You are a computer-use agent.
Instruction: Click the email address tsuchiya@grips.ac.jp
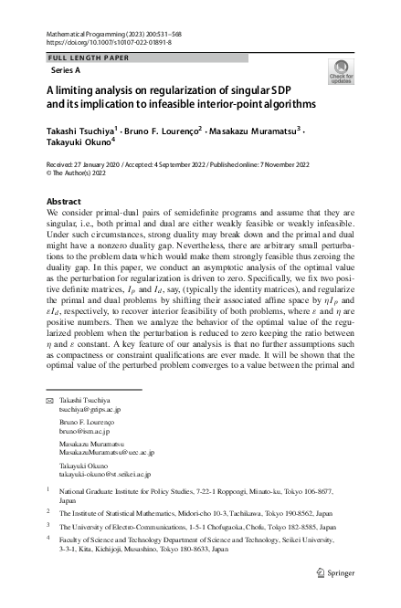(x=90, y=411)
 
